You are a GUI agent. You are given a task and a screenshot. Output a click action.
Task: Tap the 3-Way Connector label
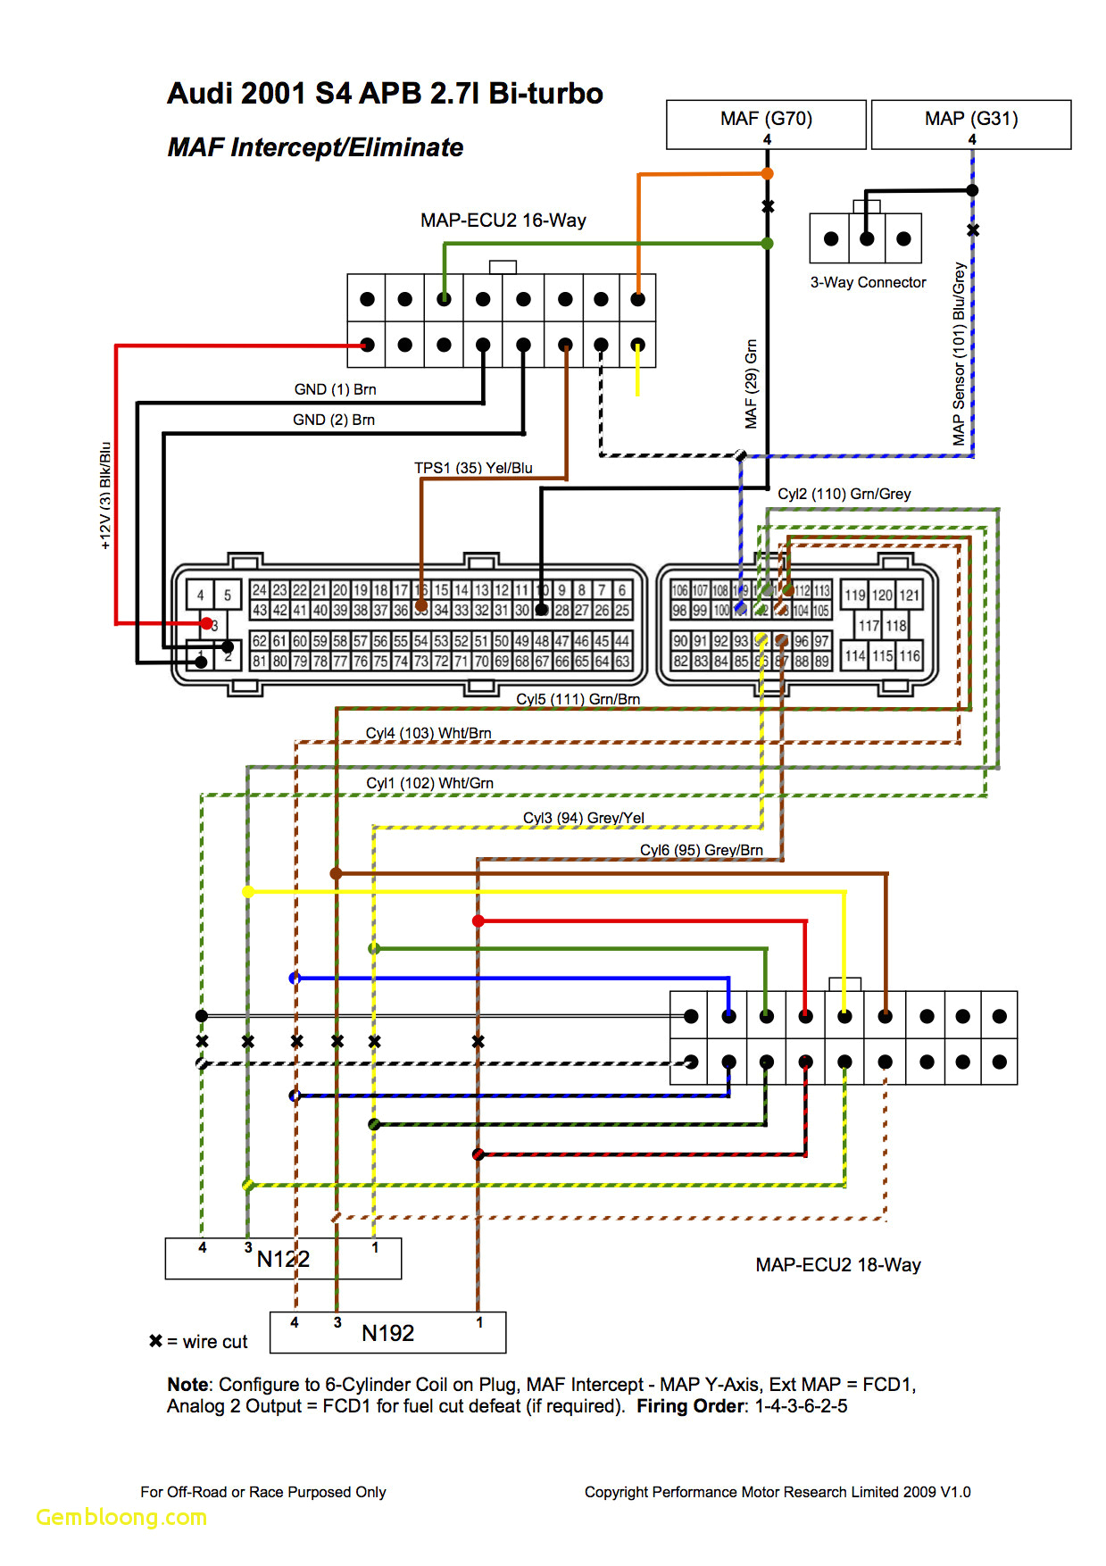click(x=868, y=283)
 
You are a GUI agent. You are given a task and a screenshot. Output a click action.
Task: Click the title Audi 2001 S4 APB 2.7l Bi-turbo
click(x=385, y=94)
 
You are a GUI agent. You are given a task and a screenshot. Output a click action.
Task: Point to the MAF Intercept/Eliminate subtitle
click(x=315, y=147)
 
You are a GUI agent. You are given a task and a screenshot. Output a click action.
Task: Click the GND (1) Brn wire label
click(x=335, y=389)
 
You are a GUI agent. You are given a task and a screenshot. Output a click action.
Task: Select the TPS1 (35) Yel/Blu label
click(x=473, y=468)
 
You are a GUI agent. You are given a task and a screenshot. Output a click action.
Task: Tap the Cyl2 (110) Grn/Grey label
click(x=844, y=494)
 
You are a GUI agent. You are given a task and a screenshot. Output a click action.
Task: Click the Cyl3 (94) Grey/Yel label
click(x=583, y=818)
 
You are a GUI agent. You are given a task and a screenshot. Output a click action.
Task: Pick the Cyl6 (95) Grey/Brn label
click(x=701, y=850)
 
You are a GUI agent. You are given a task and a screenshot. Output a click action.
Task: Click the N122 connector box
click(x=283, y=1259)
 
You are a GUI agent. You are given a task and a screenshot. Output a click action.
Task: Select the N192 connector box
click(x=387, y=1333)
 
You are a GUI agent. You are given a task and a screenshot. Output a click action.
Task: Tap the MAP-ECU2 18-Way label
click(x=837, y=1265)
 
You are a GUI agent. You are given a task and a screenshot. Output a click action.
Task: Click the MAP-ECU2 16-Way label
click(x=503, y=221)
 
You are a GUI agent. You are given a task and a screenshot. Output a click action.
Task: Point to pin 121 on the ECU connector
click(x=909, y=596)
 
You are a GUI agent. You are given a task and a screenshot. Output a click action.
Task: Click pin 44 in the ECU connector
click(x=622, y=641)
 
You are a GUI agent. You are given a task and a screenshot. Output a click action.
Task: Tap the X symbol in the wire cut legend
click(x=156, y=1341)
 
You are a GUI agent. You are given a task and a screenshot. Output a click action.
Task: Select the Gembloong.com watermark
click(x=121, y=1517)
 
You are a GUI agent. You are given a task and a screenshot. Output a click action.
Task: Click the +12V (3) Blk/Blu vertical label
click(x=105, y=496)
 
